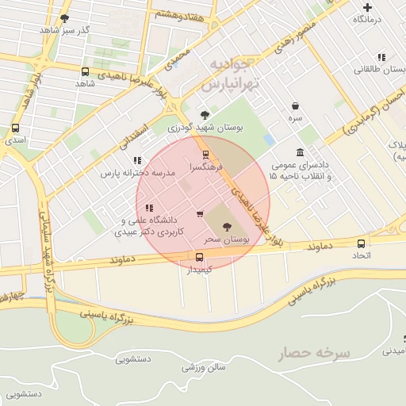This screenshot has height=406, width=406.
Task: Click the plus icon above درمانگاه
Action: point(366,6)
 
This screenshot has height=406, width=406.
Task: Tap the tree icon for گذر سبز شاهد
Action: point(64,17)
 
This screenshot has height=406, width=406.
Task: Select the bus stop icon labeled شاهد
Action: point(85,71)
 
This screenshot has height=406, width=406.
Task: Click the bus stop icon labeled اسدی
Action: point(15,128)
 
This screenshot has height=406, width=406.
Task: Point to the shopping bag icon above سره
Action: point(295,105)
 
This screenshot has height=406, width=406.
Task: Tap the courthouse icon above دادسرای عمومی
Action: point(299,152)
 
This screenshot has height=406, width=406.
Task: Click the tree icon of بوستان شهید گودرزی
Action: point(205,115)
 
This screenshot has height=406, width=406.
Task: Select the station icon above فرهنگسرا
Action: point(205,155)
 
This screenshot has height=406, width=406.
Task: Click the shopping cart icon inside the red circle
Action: point(199,213)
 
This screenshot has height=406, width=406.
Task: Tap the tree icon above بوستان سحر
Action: point(231,226)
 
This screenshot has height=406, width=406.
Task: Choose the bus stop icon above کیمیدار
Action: point(199,257)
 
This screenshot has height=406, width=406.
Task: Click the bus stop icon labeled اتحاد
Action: point(361,244)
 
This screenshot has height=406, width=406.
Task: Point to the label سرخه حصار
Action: point(313,354)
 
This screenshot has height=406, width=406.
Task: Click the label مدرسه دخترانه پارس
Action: point(132,172)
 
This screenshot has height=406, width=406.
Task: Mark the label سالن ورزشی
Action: point(204,367)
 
